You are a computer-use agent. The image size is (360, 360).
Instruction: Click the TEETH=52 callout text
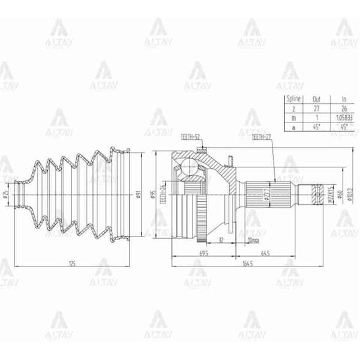click(x=191, y=137)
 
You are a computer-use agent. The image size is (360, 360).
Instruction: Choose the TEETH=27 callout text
click(x=262, y=137)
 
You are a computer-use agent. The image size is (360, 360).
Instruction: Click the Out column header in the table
click(x=317, y=98)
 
